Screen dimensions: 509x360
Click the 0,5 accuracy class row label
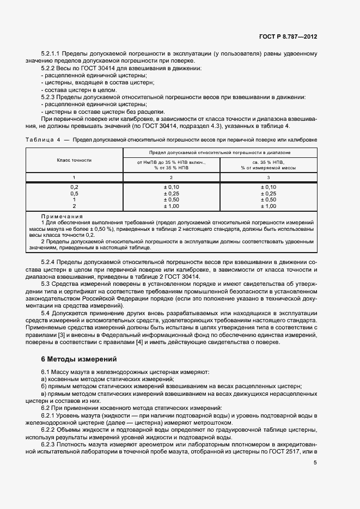pyautogui.click(x=74, y=193)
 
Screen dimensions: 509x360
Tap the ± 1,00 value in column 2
pyautogui.click(x=172, y=206)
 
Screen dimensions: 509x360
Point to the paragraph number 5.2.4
pyautogui.click(x=48, y=262)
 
